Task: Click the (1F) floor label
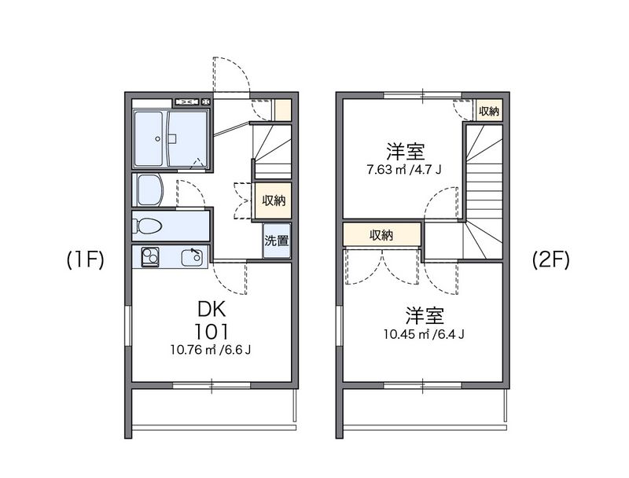86,259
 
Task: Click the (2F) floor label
551,259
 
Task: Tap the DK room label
212,310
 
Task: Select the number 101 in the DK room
212,331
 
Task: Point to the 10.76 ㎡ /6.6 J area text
211,350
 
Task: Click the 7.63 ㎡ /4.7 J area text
404,170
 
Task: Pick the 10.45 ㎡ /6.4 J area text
424,334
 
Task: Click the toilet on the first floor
147,226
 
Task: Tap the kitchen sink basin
192,257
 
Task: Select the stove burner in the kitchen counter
150,257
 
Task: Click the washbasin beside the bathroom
149,190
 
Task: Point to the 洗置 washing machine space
277,241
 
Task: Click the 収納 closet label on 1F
274,200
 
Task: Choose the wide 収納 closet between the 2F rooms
381,234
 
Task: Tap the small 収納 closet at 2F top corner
489,111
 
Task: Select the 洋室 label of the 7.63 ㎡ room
405,151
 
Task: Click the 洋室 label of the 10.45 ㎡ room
425,315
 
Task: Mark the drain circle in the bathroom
158,138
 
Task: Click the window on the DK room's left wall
128,325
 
